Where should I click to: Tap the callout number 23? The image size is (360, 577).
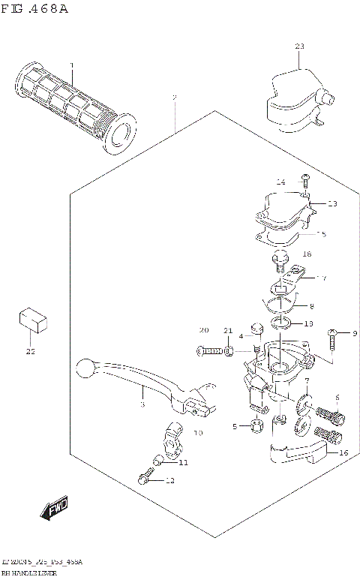pos(299,47)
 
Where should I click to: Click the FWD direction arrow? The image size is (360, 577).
pos(53,512)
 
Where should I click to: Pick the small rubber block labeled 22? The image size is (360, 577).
pos(32,318)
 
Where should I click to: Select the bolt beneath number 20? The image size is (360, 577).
pos(211,350)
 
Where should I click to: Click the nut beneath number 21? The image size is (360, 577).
pos(229,351)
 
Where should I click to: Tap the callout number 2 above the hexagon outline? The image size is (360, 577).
pos(175,98)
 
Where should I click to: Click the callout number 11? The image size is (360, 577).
pos(184,462)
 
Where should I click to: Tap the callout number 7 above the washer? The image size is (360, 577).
pos(307,381)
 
